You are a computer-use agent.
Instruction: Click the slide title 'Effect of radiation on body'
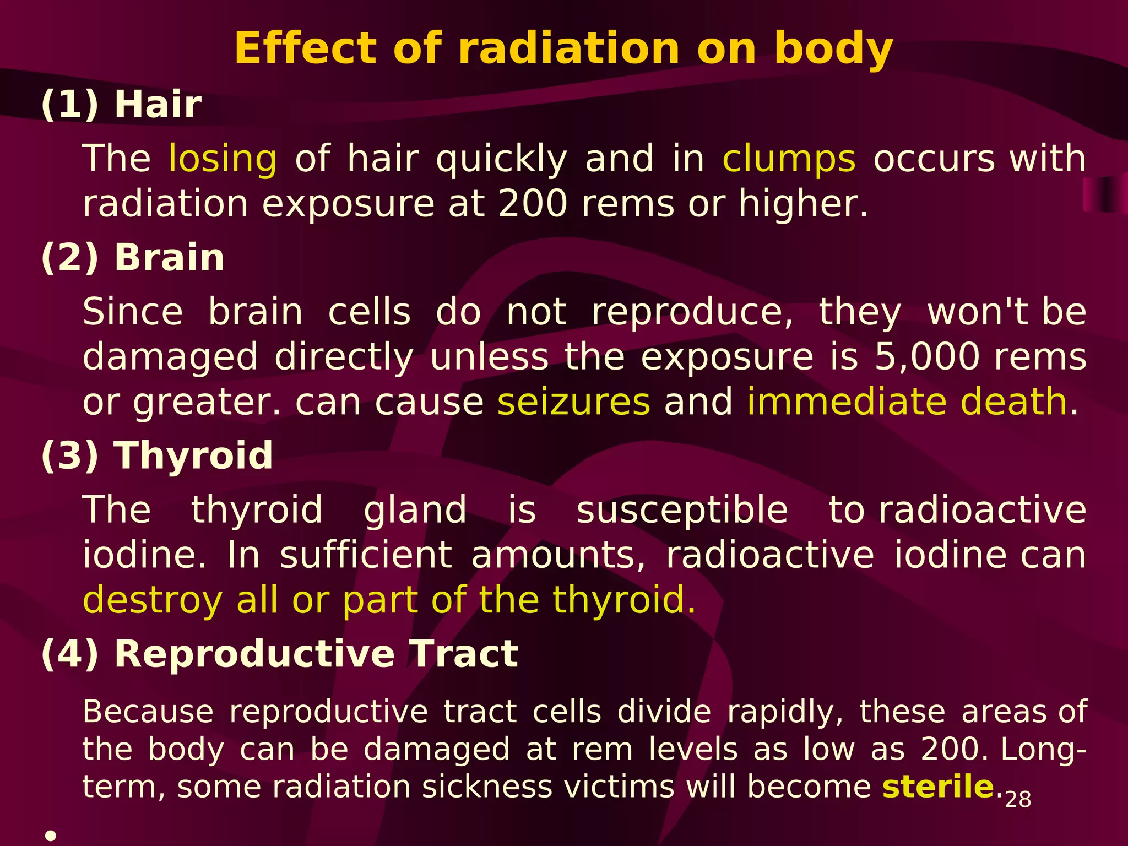[563, 48]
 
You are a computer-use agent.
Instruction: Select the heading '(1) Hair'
[121, 104]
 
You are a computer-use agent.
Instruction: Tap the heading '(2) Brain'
[133, 258]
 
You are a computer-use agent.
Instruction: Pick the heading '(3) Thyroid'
[157, 455]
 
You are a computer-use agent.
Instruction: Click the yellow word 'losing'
[223, 159]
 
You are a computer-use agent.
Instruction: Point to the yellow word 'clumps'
[789, 159]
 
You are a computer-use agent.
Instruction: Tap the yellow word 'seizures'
[573, 402]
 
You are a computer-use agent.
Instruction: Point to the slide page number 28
[1018, 800]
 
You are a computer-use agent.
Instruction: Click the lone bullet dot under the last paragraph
[51, 836]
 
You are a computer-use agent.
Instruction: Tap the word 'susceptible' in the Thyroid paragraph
[682, 509]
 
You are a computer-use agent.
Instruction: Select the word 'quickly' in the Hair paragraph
[501, 159]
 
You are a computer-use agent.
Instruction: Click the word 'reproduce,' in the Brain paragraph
[692, 312]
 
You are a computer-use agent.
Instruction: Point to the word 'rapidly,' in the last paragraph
[785, 712]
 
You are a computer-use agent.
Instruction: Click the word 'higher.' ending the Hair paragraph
[803, 204]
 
